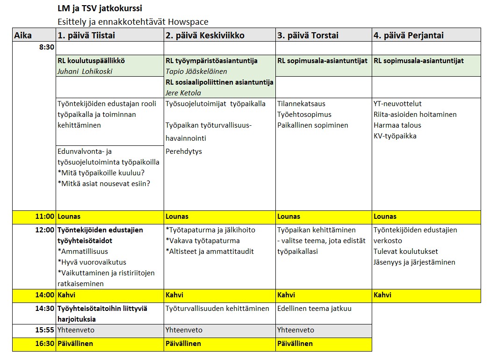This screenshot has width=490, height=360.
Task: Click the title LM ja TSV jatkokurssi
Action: tap(100, 9)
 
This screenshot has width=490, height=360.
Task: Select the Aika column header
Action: tap(23, 36)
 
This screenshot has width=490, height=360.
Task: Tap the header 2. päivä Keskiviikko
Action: tap(205, 36)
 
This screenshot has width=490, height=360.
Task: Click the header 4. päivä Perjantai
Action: tap(408, 36)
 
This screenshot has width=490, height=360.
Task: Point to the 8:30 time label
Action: tap(47, 47)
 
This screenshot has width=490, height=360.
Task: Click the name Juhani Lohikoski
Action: tap(85, 72)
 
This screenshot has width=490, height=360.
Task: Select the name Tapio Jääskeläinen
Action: tap(196, 72)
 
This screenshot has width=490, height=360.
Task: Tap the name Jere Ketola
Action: tap(183, 93)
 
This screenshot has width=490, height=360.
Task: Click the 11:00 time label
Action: tap(45, 216)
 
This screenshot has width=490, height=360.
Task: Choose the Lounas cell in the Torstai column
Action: tap(288, 216)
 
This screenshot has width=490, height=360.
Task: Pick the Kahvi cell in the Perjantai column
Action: tap(382, 295)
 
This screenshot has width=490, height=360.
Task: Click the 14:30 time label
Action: tap(45, 309)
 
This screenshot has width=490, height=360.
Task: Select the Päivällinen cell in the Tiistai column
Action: tap(75, 344)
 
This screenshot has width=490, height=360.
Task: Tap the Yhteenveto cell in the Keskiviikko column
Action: tap(184, 330)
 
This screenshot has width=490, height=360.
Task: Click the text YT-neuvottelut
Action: tap(397, 104)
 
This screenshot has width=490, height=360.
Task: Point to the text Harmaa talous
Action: tap(397, 125)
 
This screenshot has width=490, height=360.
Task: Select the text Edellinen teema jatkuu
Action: tap(314, 309)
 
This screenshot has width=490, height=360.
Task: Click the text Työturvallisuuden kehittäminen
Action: tap(217, 309)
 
